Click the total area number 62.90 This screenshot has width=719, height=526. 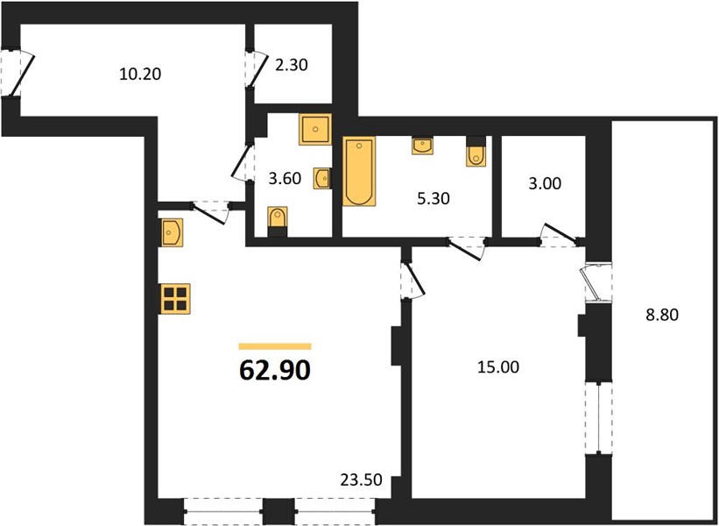275,371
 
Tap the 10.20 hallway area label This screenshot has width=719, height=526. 140,74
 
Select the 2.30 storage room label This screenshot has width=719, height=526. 291,65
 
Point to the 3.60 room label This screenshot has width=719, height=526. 285,178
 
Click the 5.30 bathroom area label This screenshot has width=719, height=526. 433,199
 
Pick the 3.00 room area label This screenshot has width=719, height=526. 545,183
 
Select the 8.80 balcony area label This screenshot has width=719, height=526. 662,315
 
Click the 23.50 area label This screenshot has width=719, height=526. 362,480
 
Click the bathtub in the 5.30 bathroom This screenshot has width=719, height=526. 359,171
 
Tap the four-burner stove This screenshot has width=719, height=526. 174,299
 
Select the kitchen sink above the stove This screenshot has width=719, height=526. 171,232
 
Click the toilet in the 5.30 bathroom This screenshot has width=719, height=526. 476,152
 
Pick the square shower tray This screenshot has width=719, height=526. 315,130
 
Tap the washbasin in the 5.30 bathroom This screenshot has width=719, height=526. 423,145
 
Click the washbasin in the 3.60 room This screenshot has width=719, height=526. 322,178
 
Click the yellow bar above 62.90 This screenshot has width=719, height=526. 275,346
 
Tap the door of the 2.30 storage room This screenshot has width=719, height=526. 257,68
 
